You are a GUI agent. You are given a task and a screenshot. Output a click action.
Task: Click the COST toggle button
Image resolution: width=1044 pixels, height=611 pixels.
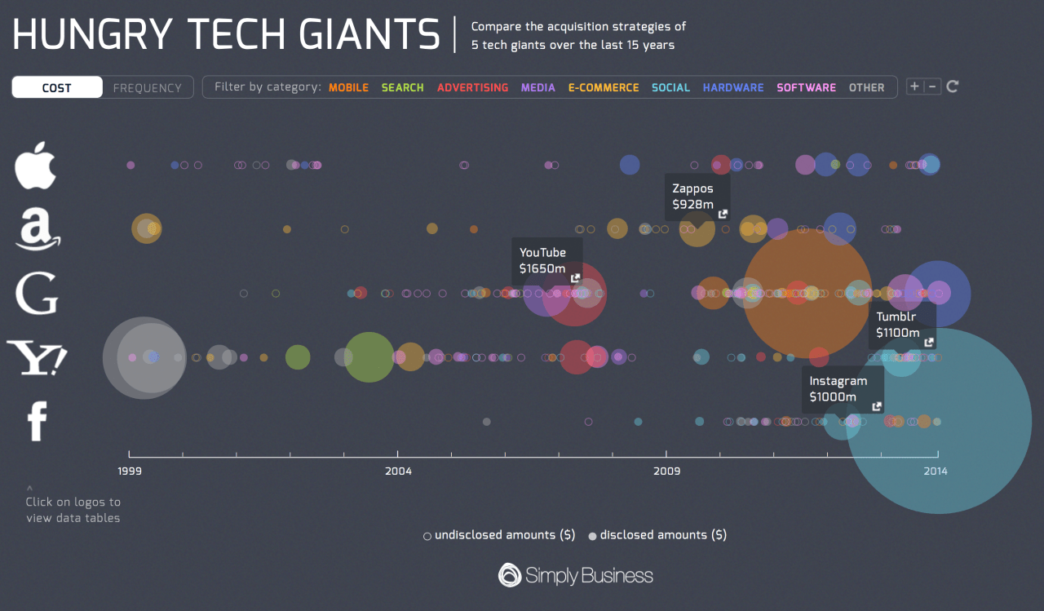[57, 87]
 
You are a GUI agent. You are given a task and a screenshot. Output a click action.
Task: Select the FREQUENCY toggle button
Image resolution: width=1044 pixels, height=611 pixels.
[148, 87]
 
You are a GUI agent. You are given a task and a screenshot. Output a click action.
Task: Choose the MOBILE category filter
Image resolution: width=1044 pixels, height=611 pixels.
[348, 87]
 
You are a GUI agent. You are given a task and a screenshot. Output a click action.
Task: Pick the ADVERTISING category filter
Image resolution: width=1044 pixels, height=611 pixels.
[472, 87]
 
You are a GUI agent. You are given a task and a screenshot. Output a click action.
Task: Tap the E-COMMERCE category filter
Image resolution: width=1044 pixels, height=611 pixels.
[604, 87]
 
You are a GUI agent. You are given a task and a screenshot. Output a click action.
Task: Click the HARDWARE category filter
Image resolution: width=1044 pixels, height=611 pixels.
[733, 87]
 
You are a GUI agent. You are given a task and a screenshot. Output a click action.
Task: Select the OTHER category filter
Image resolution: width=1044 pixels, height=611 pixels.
[866, 87]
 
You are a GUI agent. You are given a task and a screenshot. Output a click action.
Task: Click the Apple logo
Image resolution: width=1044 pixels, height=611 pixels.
[36, 165]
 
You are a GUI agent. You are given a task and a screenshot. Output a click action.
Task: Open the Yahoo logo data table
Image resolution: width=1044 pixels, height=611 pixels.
[37, 358]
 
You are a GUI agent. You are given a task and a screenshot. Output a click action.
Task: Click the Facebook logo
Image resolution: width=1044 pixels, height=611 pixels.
[37, 422]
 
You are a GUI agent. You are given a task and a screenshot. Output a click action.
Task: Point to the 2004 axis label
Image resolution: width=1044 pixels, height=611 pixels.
[398, 471]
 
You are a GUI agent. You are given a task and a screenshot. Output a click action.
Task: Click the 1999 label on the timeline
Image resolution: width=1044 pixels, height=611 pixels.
[129, 471]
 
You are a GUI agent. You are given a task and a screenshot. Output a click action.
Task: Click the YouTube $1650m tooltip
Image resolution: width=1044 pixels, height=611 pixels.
[546, 260]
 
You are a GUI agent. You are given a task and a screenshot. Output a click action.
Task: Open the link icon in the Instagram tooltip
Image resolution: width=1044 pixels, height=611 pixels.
[877, 406]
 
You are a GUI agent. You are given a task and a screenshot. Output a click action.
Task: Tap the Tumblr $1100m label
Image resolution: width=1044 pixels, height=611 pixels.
[900, 325]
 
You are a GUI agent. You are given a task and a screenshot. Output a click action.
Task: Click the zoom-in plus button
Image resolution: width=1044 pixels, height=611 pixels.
[914, 86]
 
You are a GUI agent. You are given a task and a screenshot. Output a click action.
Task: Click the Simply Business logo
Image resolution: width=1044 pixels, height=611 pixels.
[576, 575]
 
